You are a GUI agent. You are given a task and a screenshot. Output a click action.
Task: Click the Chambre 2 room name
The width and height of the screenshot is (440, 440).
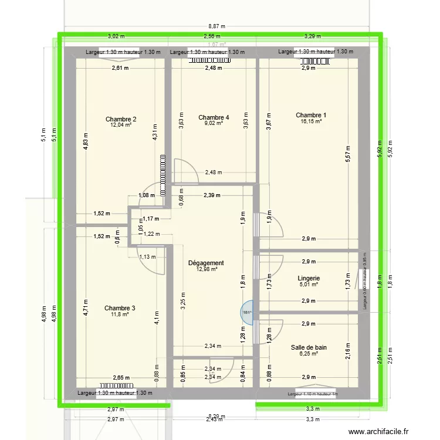coord(117,119)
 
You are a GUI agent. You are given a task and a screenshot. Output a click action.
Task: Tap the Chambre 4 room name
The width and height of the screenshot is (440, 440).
coord(214,117)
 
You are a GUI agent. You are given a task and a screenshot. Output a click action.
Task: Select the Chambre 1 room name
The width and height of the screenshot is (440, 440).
coord(311,115)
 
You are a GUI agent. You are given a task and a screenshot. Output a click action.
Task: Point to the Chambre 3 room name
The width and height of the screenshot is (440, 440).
coord(120,308)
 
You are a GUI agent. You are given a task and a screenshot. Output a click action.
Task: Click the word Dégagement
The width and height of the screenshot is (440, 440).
coord(205,263)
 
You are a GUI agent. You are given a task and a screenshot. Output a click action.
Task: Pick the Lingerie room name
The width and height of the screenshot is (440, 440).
coord(309,278)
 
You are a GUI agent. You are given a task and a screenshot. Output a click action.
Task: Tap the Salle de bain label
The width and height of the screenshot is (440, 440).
coord(309,347)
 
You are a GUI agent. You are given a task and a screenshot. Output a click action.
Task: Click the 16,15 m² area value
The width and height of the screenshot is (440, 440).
coord(311,121)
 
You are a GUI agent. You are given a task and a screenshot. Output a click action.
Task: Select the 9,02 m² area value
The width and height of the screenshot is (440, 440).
coord(214,123)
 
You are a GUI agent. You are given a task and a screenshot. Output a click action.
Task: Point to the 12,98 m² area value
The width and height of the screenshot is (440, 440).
coord(205,269)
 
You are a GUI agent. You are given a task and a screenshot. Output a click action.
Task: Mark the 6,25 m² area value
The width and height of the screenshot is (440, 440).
coord(309,353)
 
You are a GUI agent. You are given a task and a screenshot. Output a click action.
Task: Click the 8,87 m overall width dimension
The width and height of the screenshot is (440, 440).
coord(217,26)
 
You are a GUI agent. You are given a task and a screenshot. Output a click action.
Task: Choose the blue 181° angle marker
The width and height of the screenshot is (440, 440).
coord(248,313)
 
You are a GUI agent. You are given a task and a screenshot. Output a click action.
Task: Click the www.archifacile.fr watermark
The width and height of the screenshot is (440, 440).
coord(380,432)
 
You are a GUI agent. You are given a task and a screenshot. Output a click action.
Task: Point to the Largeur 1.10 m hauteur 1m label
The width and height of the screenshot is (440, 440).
coord(313,394)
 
